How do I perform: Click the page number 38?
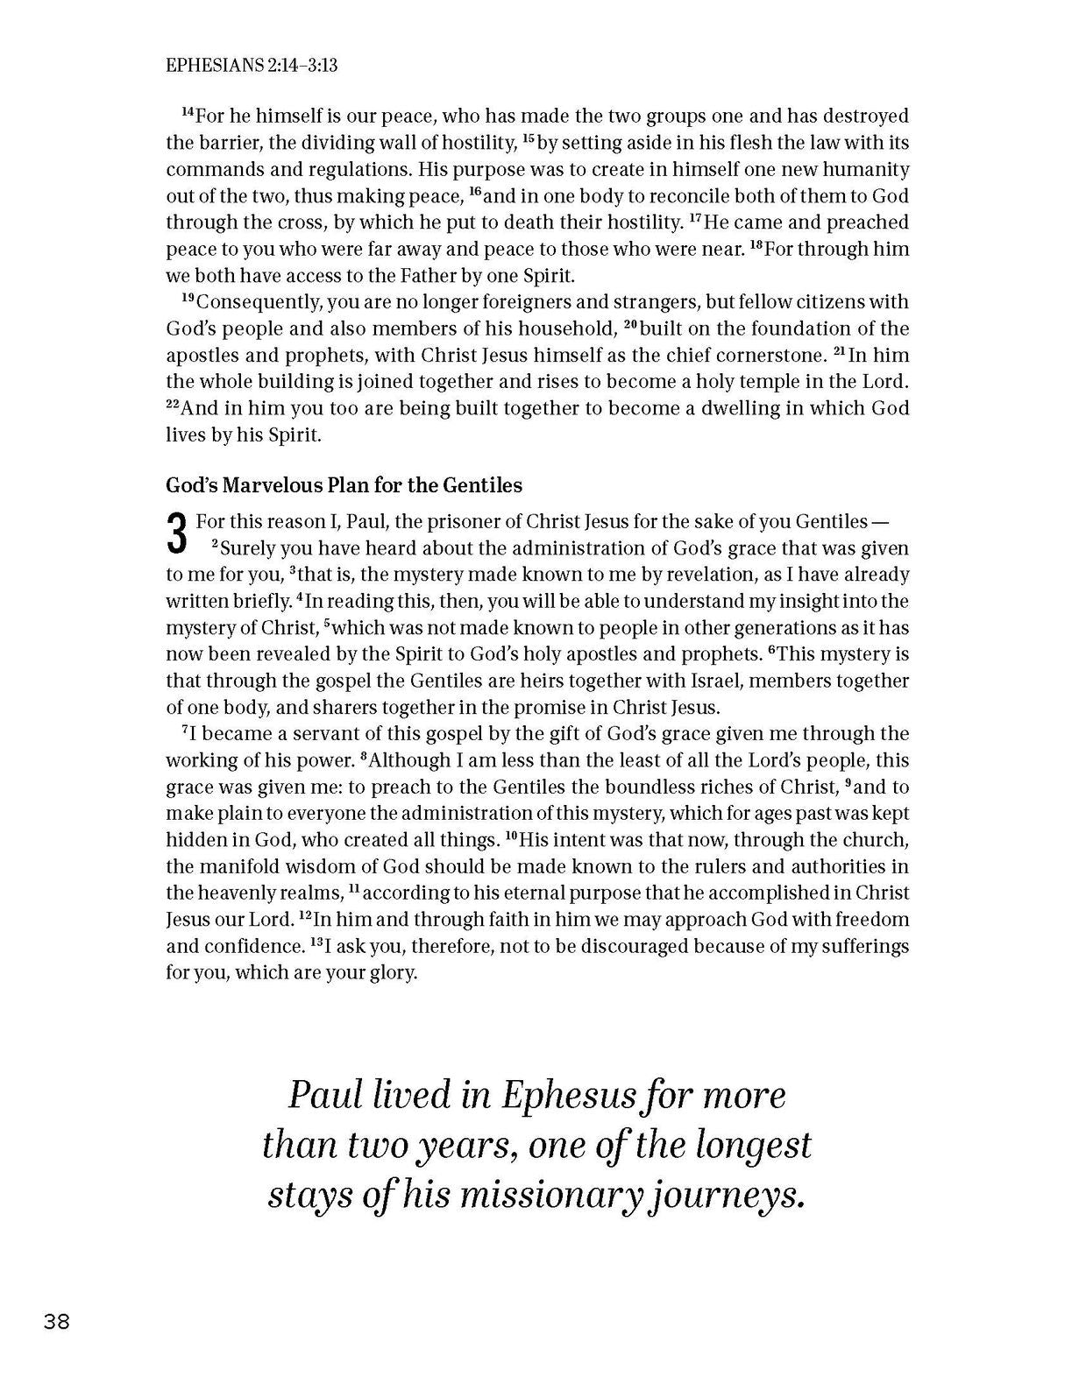[56, 1322]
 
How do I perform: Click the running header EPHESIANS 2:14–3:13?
[252, 65]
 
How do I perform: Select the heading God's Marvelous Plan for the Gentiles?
[344, 485]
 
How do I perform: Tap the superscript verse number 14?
[187, 113]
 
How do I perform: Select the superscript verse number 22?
[173, 406]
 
